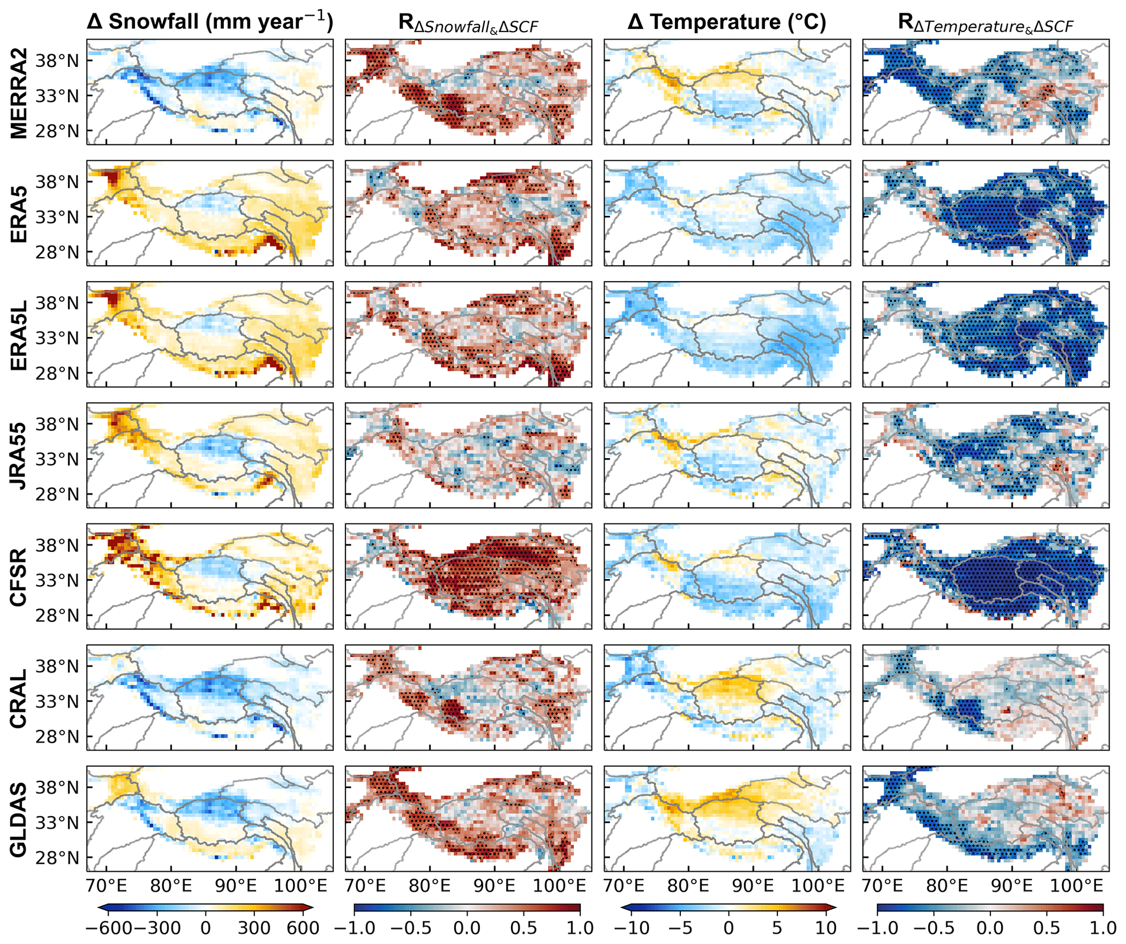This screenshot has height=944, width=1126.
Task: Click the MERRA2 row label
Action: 19,92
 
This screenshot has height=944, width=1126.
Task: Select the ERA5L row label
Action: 19,334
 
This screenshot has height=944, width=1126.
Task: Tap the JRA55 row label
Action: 19,456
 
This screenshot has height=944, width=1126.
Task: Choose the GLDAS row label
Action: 19,819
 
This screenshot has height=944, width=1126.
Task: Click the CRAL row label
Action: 19,698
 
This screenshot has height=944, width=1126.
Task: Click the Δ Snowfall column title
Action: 210,22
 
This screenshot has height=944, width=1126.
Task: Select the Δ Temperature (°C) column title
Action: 727,22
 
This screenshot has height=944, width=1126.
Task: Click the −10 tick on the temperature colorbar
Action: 636,927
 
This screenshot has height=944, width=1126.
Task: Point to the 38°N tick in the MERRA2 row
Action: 57,60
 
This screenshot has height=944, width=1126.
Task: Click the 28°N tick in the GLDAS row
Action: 57,858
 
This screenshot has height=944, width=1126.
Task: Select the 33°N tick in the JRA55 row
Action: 57,459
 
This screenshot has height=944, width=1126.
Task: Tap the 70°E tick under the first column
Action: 106,885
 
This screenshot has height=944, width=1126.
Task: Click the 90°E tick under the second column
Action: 495,885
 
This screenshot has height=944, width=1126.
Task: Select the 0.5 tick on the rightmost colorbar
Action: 1046,927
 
